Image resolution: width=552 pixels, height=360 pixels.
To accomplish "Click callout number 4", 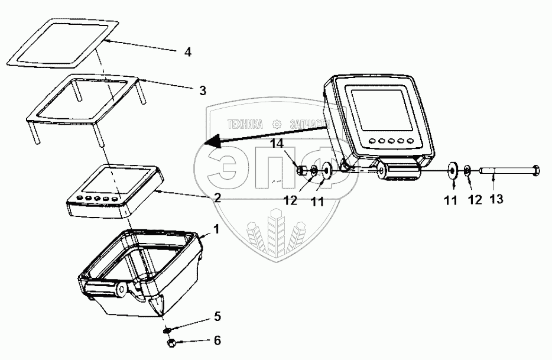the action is tap(187, 52).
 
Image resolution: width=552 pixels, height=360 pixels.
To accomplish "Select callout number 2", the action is tap(217, 198).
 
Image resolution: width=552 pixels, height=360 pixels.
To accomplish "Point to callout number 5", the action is tap(217, 317).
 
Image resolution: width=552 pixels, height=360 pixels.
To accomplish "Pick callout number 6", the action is tap(217, 340).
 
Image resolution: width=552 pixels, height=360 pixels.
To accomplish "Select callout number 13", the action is tap(496, 200).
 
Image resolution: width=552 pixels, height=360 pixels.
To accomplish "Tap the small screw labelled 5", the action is tap(168, 329).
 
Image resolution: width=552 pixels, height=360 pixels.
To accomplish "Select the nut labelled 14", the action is tap(302, 171).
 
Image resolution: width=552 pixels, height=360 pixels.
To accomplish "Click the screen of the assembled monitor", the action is tap(378, 109).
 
